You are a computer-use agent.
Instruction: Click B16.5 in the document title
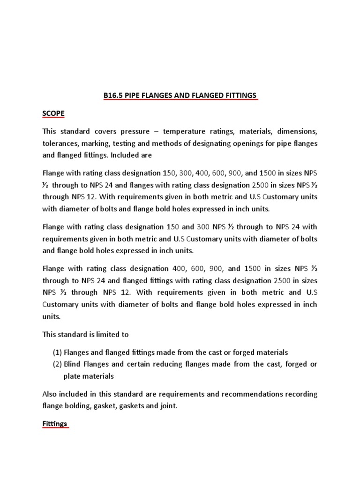click(114, 96)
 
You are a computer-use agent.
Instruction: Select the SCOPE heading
click(53, 114)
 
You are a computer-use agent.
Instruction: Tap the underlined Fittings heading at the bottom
click(55, 424)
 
